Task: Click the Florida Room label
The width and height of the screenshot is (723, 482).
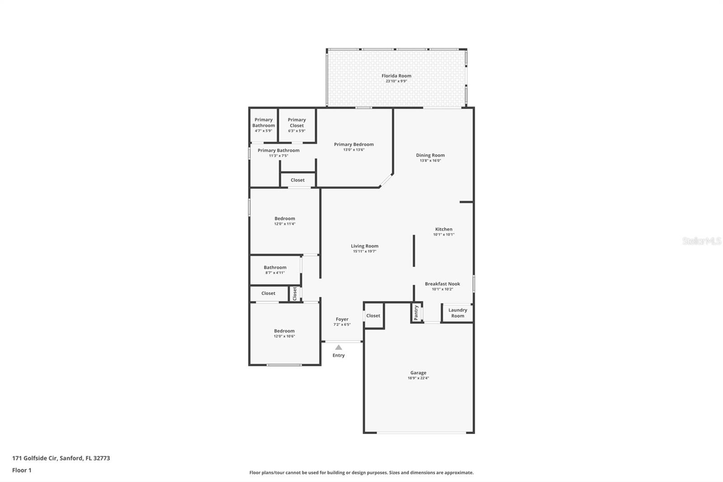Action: tap(396, 76)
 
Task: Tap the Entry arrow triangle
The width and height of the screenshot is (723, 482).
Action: tap(338, 348)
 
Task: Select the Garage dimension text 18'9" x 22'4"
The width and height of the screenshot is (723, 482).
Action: tap(418, 378)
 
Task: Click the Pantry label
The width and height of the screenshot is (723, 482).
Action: tap(416, 313)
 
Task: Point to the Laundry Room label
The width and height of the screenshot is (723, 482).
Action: tap(458, 313)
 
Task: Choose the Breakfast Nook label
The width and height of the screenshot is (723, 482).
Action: tap(442, 284)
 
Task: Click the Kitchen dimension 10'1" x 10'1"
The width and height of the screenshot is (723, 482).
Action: tap(444, 235)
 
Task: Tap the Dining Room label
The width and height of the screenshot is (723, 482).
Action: tap(430, 156)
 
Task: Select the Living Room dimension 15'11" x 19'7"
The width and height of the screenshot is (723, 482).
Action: tap(365, 251)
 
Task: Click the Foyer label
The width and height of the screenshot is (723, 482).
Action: tap(342, 319)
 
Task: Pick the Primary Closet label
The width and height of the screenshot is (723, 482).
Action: tap(296, 123)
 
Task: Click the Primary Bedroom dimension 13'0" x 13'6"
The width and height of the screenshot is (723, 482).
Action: tap(354, 150)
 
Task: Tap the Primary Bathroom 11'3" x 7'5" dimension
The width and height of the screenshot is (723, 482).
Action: tap(278, 156)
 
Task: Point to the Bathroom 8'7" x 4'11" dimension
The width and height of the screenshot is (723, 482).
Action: tap(275, 273)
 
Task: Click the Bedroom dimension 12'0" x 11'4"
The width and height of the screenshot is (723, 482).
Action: tap(285, 224)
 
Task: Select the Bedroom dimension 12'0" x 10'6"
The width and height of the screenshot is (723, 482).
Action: tap(284, 336)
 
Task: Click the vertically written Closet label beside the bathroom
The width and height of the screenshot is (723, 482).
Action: tap(295, 293)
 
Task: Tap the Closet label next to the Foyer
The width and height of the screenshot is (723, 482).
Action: tap(373, 316)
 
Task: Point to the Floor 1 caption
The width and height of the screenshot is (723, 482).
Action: tap(22, 470)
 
